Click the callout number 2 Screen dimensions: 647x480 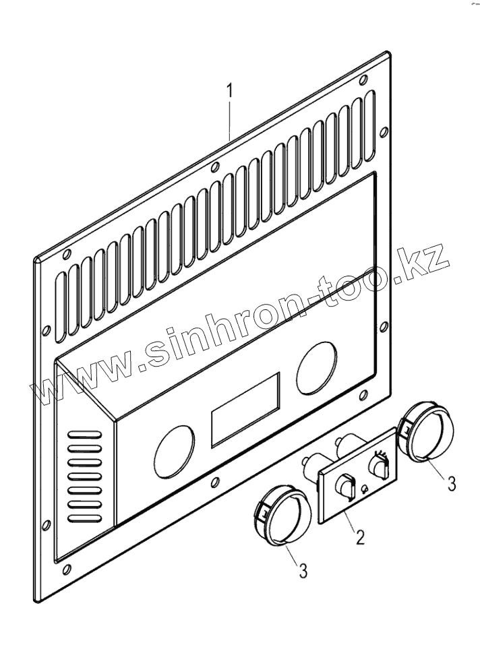(360, 536)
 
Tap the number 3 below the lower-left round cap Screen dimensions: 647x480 (303, 570)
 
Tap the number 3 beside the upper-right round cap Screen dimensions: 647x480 (452, 483)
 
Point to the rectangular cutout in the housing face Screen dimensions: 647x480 (245, 409)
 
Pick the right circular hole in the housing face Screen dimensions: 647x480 (316, 364)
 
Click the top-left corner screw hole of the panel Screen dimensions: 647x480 (67, 254)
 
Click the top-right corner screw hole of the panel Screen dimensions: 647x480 (364, 80)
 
